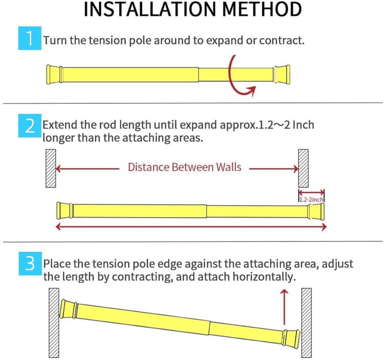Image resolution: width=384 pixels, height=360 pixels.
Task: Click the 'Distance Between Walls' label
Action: click(184, 167)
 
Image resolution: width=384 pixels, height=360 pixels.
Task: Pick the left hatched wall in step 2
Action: click(51, 168)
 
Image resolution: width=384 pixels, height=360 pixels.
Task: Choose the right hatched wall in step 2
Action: click(303, 168)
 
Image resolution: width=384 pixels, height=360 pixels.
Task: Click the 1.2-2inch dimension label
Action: click(311, 197)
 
